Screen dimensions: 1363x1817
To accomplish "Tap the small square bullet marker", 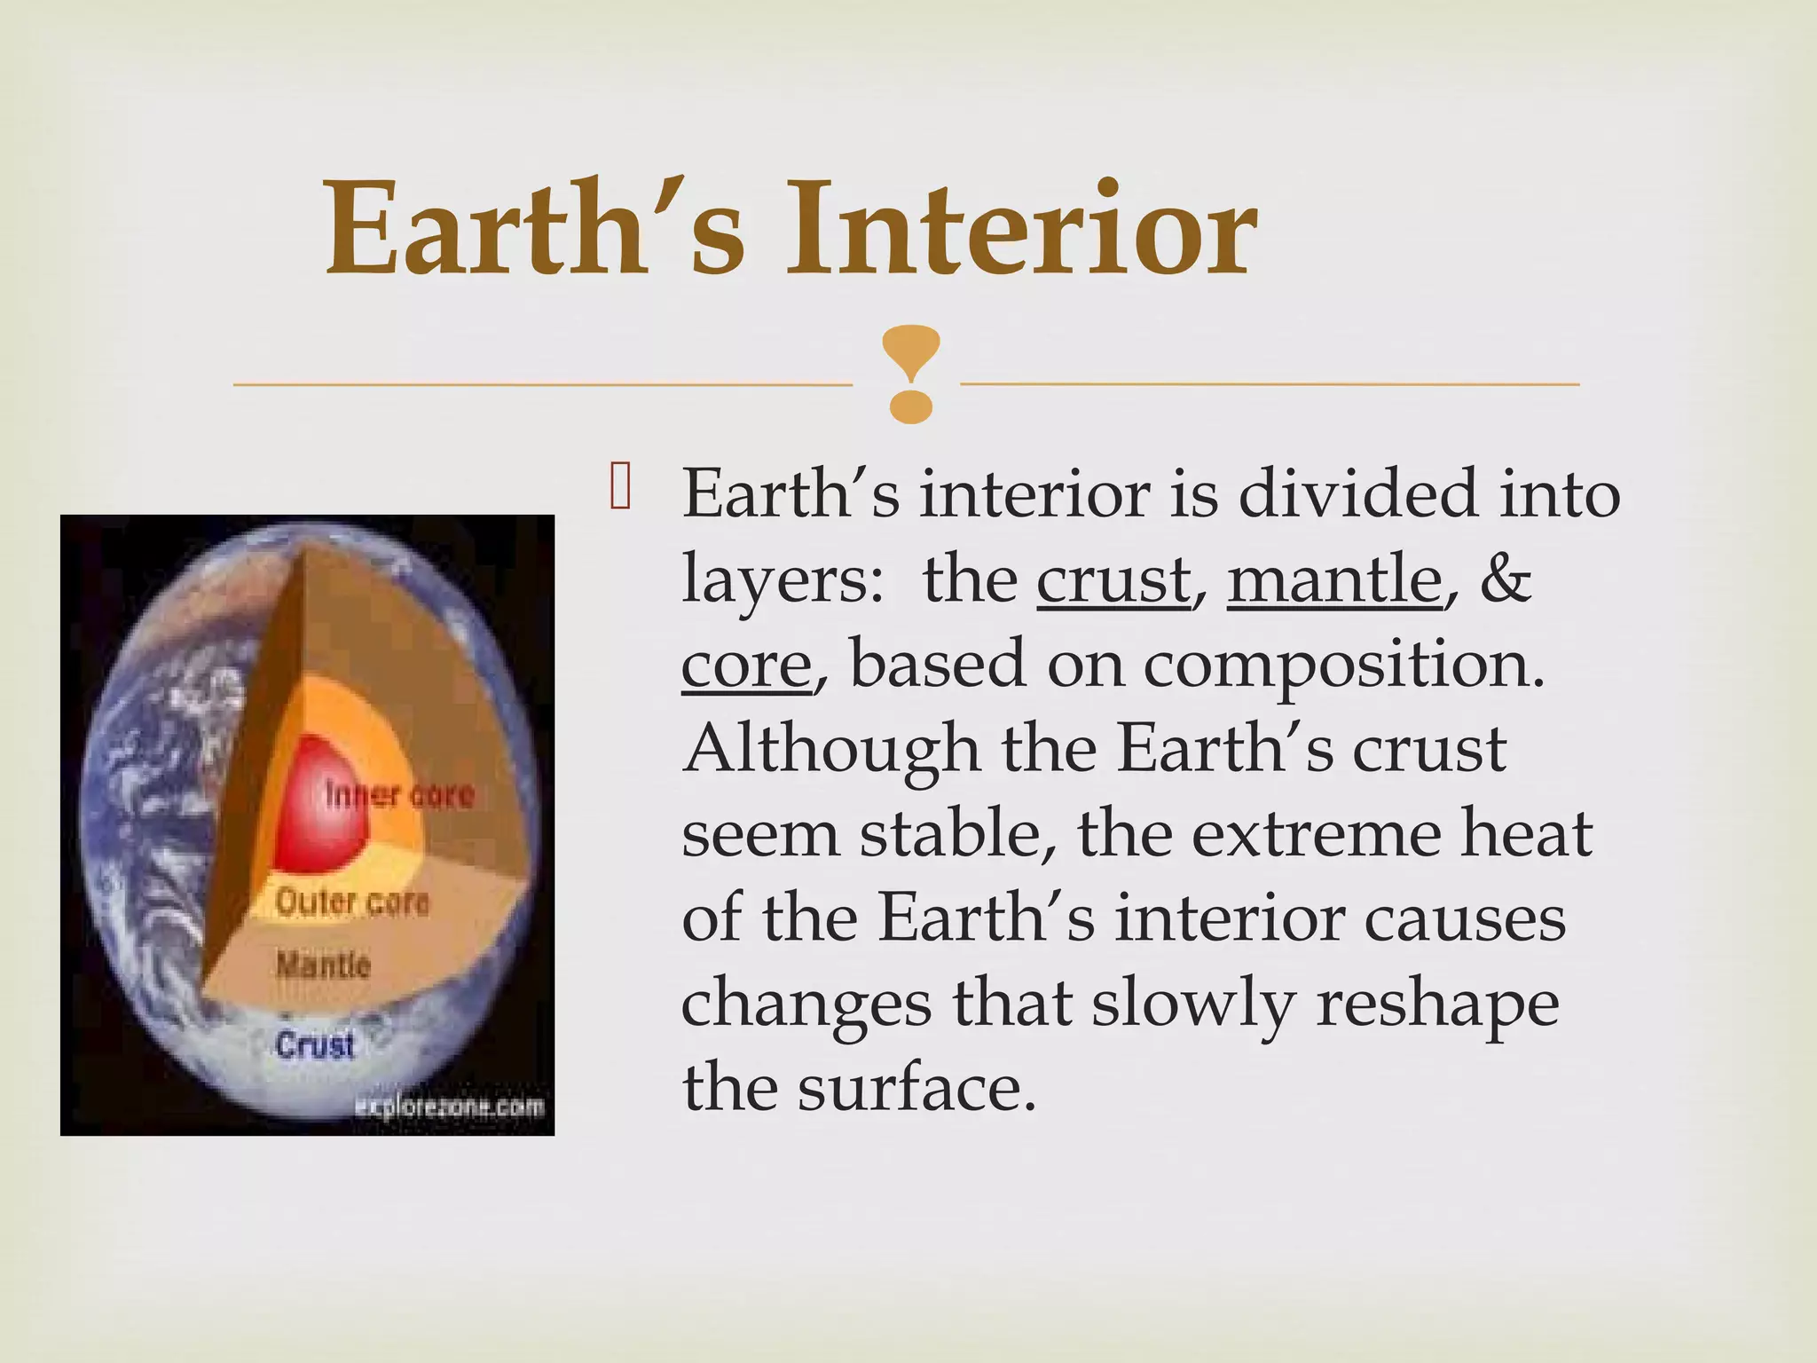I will pos(619,491).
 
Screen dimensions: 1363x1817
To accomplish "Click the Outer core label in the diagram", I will pos(352,903).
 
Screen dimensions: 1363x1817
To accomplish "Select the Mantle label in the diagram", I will pos(323,965).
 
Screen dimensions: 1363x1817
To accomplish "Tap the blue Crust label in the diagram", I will pos(315,1044).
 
